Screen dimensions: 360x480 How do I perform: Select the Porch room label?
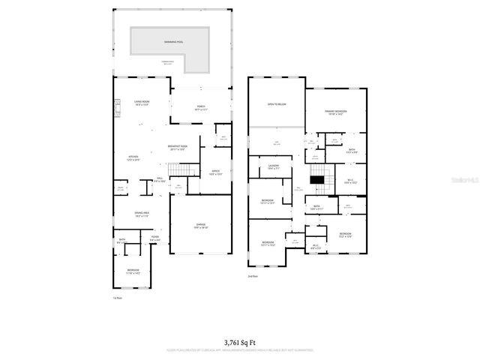point(202,108)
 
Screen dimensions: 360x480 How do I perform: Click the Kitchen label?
point(133,157)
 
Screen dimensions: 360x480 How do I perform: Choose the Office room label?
point(216,172)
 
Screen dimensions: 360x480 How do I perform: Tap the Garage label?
point(201,226)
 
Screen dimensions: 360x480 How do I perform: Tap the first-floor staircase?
point(179,173)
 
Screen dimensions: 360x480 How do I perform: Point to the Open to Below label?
point(277,104)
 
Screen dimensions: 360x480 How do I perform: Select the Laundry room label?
point(274,166)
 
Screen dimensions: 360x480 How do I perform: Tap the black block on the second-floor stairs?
point(319,178)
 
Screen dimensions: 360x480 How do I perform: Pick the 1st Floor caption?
point(118,299)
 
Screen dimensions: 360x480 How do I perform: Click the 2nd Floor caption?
point(254,277)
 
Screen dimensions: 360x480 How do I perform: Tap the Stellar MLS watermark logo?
point(466,180)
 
